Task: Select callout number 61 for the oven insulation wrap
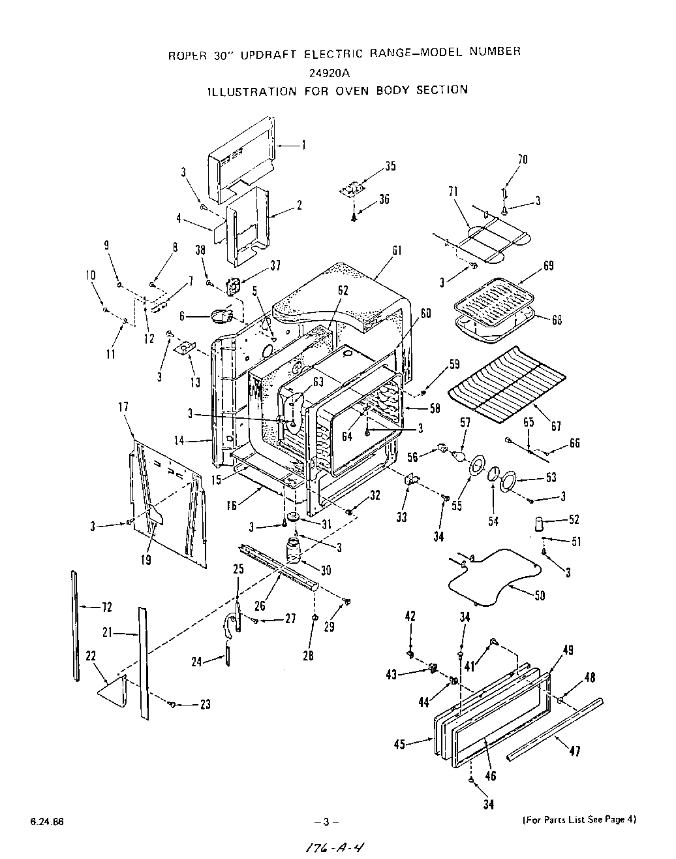point(397,251)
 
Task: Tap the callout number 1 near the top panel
point(303,145)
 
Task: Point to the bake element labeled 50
point(496,575)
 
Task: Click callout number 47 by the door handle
point(574,751)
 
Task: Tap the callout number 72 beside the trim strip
point(106,608)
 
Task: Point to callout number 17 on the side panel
point(123,407)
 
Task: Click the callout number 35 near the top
point(390,166)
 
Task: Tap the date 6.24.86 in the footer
point(46,820)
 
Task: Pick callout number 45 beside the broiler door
point(400,744)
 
